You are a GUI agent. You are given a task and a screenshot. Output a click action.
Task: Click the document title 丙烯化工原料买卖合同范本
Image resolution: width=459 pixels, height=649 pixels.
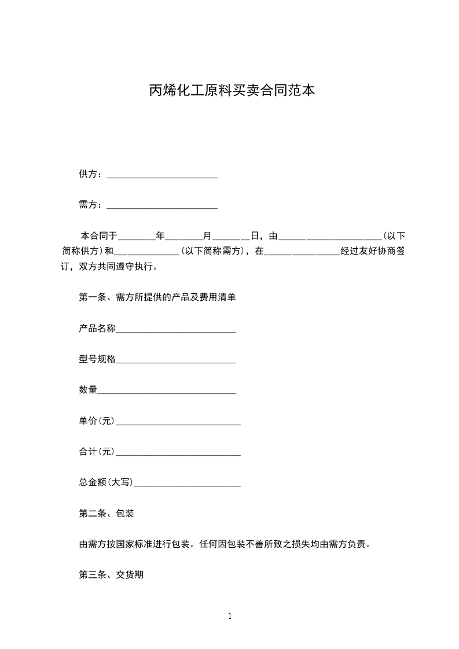pyautogui.click(x=232, y=91)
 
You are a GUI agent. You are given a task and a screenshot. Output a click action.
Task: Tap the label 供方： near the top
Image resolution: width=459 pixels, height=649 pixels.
pyautogui.click(x=92, y=174)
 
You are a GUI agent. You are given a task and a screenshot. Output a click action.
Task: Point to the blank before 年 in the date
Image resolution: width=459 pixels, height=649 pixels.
pyautogui.click(x=137, y=237)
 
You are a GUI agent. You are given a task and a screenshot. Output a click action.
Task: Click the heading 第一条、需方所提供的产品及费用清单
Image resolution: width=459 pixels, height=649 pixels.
pyautogui.click(x=157, y=297)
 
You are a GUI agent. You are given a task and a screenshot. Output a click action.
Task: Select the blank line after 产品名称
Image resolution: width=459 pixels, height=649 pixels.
pyautogui.click(x=176, y=330)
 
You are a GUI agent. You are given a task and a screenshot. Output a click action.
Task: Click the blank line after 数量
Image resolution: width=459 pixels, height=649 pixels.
pyautogui.click(x=167, y=391)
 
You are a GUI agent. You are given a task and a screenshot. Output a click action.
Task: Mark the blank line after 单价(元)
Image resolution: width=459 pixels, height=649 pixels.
pyautogui.click(x=178, y=422)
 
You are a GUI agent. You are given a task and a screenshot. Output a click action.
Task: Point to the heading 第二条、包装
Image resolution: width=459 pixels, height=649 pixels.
pyautogui.click(x=107, y=513)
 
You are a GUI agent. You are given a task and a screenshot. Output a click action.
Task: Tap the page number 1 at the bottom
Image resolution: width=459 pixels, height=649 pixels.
pyautogui.click(x=230, y=616)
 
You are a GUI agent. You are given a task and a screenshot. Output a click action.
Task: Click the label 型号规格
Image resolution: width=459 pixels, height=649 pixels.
pyautogui.click(x=97, y=359)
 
